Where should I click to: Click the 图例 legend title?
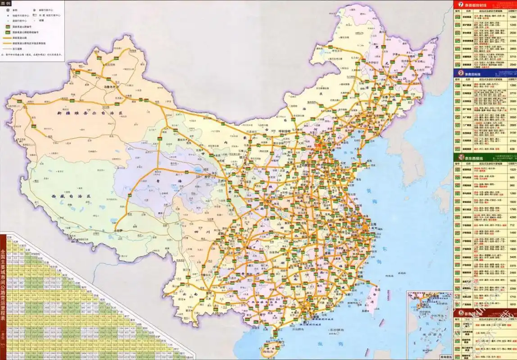[6, 3]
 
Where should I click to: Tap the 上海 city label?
[372, 223]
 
